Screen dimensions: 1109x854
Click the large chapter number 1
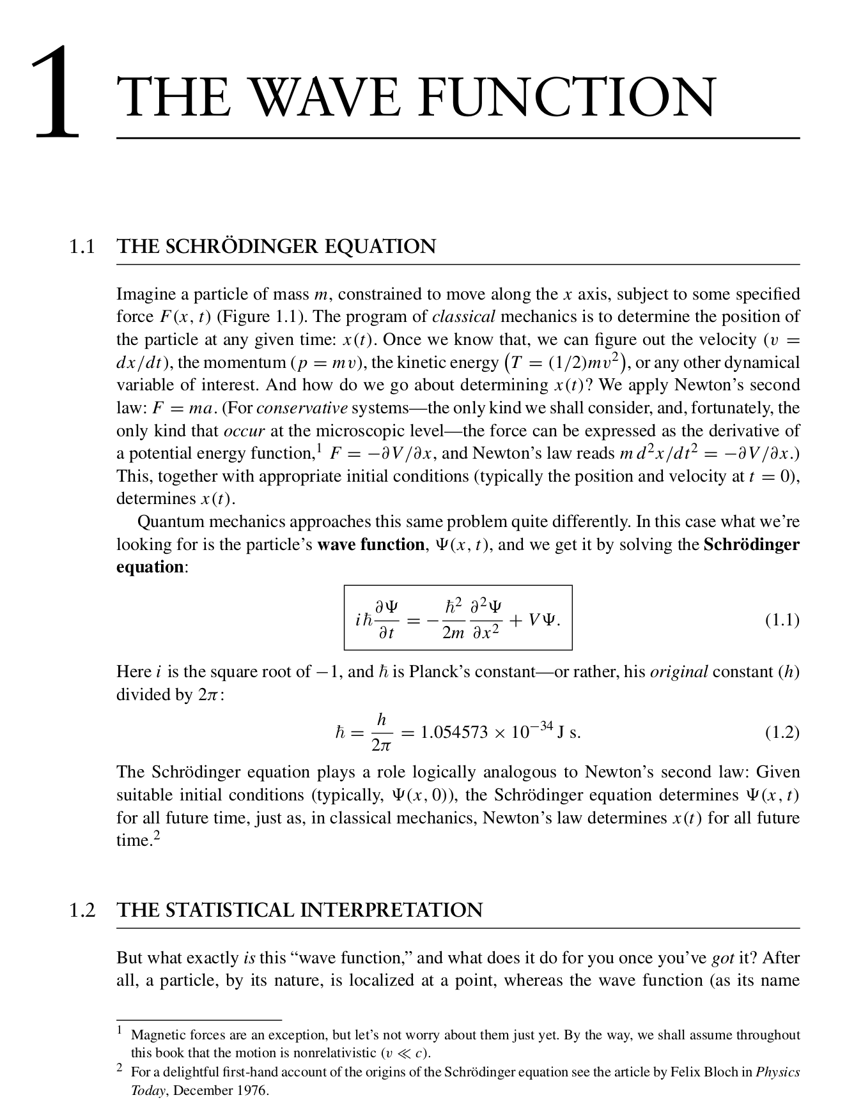coord(58,93)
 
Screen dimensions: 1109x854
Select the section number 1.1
coord(82,247)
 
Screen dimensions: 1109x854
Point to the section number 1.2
coord(82,910)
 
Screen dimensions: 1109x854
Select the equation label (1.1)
coord(782,620)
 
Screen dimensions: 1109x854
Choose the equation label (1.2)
coord(782,732)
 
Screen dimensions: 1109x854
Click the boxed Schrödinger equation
coord(458,618)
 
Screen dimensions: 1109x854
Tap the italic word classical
coord(463,317)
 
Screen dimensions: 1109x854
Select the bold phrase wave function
coord(371,545)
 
